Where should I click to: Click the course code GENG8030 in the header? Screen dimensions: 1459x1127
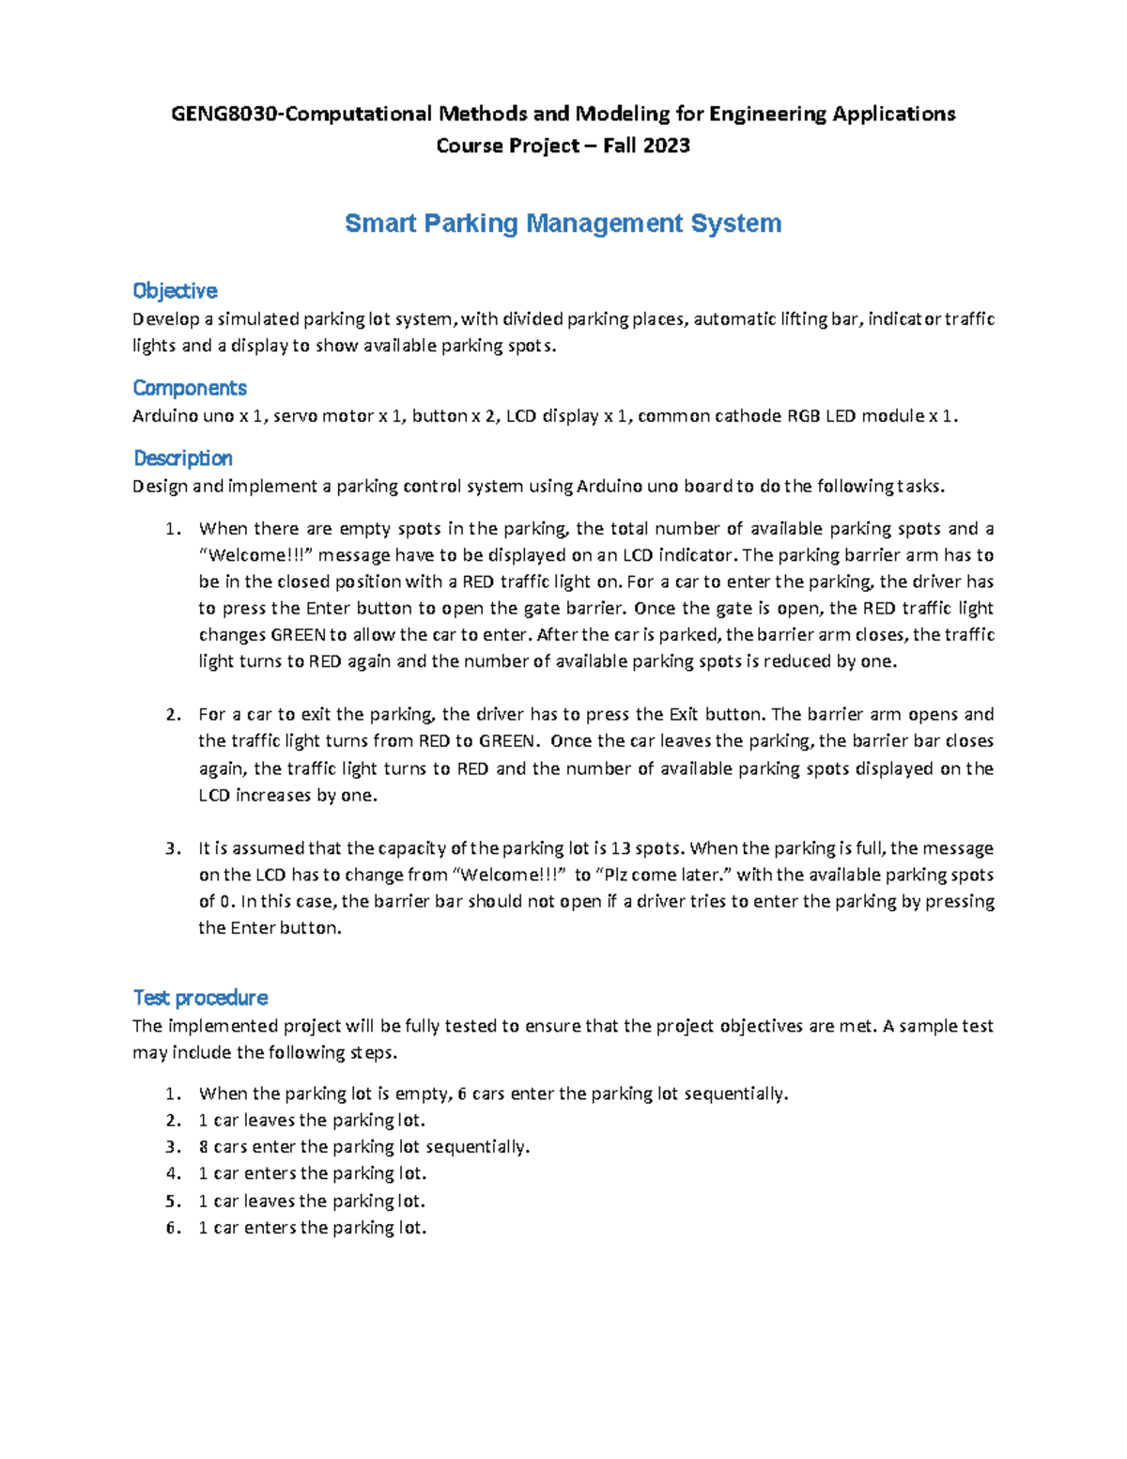(x=225, y=115)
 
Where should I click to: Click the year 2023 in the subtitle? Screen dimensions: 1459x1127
(x=667, y=146)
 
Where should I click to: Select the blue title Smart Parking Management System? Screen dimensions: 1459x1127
(x=563, y=224)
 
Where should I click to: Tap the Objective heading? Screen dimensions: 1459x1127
(x=175, y=290)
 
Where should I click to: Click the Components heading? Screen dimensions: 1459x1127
(x=190, y=388)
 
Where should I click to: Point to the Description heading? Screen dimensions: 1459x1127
(x=183, y=458)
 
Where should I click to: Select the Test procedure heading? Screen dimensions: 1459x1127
(x=200, y=998)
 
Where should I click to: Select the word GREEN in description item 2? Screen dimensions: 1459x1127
(x=506, y=740)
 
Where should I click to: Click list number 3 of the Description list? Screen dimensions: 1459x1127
(x=173, y=848)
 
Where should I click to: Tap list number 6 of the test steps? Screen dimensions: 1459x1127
(x=173, y=1228)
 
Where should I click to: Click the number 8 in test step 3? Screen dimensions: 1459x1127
(x=203, y=1147)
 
